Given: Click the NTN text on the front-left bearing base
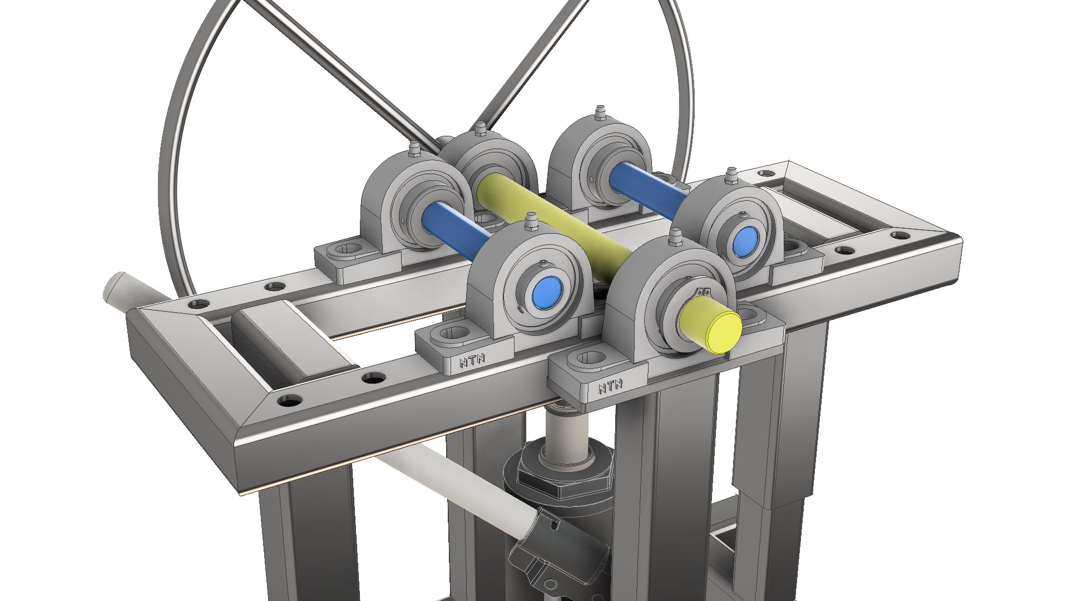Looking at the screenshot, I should coord(472,362).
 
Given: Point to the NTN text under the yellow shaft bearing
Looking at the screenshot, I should coord(610,386).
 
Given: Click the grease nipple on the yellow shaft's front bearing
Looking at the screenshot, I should coord(675,237).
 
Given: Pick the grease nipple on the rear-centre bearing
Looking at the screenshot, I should coord(599,112).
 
